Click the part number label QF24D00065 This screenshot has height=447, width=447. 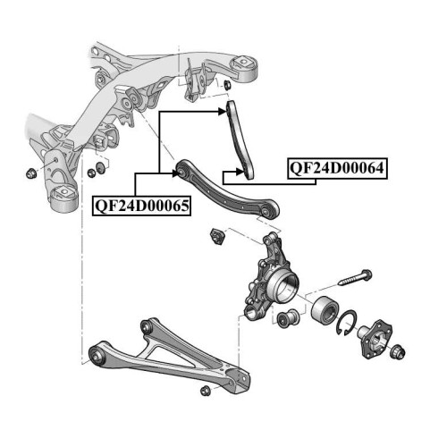click(x=141, y=206)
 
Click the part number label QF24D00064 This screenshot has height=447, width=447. click(x=337, y=168)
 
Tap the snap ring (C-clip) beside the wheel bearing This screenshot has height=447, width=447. click(x=346, y=322)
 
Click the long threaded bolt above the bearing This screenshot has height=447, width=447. click(x=355, y=277)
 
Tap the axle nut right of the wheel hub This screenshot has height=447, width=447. click(x=398, y=351)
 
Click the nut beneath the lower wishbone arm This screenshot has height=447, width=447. click(x=205, y=391)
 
